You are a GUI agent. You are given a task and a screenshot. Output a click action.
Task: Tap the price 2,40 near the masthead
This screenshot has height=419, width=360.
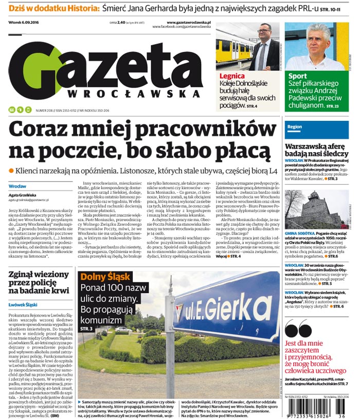coord(121,23)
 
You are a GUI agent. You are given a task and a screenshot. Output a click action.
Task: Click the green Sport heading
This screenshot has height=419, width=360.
coord(298,76)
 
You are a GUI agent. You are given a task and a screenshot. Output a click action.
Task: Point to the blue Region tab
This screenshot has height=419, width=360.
coord(295,126)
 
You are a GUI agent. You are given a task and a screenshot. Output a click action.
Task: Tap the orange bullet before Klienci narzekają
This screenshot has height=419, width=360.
coord(11,170)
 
